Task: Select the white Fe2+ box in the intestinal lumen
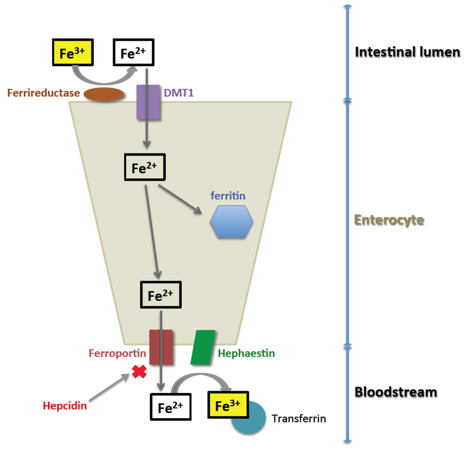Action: click(134, 54)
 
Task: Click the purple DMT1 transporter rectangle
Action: click(148, 102)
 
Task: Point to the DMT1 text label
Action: click(179, 93)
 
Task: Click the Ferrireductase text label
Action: click(44, 93)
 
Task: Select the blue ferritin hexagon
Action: click(232, 222)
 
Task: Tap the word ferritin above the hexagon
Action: click(228, 196)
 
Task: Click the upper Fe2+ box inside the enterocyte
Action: click(145, 168)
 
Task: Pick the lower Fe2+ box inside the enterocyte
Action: click(161, 295)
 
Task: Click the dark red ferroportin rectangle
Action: click(161, 347)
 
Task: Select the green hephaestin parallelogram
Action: click(203, 347)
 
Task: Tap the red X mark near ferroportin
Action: click(139, 371)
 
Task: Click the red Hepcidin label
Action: click(65, 405)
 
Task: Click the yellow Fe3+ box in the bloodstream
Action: click(228, 405)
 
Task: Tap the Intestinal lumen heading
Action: click(407, 52)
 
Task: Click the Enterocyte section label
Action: click(389, 220)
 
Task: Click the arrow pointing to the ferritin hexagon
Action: click(180, 199)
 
